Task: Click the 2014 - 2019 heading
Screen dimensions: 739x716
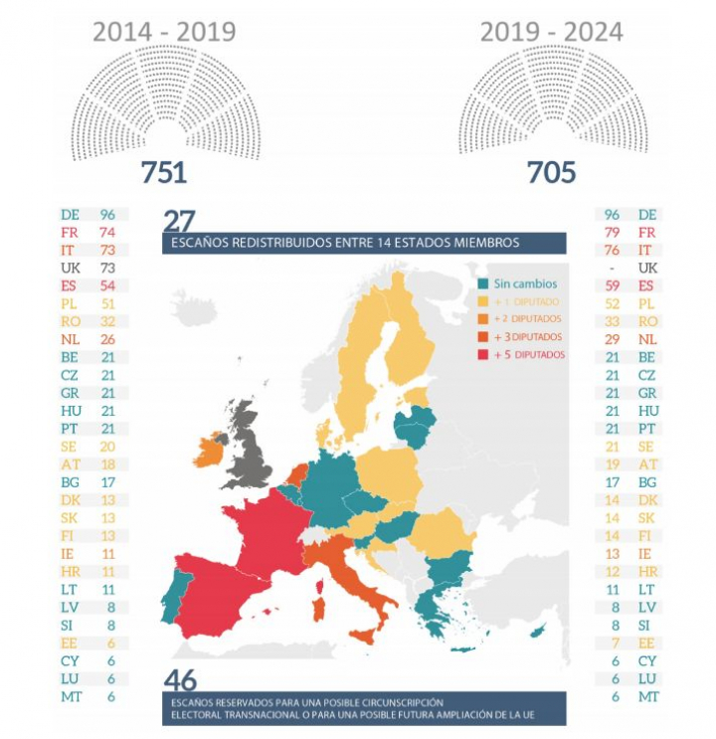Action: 164,32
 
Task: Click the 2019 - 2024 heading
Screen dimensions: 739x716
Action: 551,32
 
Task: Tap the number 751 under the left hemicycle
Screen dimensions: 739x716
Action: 164,172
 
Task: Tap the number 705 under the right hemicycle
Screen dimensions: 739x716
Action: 551,172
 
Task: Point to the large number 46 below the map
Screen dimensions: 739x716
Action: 179,680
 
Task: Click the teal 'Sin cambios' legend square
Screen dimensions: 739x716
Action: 483,283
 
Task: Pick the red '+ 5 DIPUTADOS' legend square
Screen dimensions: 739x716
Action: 483,354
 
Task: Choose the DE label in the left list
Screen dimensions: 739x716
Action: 70,215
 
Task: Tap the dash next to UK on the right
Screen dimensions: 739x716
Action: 613,269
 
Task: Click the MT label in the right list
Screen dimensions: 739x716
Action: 647,697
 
